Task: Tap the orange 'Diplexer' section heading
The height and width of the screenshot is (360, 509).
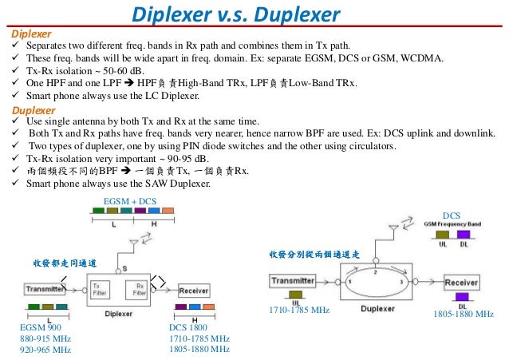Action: coord(31,35)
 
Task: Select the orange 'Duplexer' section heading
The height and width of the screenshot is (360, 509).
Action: coord(33,109)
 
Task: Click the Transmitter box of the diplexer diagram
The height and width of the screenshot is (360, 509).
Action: coord(45,289)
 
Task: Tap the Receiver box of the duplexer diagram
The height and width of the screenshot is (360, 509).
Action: coord(461,283)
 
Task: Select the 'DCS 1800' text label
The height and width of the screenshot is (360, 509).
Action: coord(188,328)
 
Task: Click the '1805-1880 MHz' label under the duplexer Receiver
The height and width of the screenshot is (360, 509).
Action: coord(464,315)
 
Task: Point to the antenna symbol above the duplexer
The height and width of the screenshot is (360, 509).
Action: coord(393,232)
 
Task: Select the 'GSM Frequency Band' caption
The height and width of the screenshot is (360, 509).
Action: coord(452,224)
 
